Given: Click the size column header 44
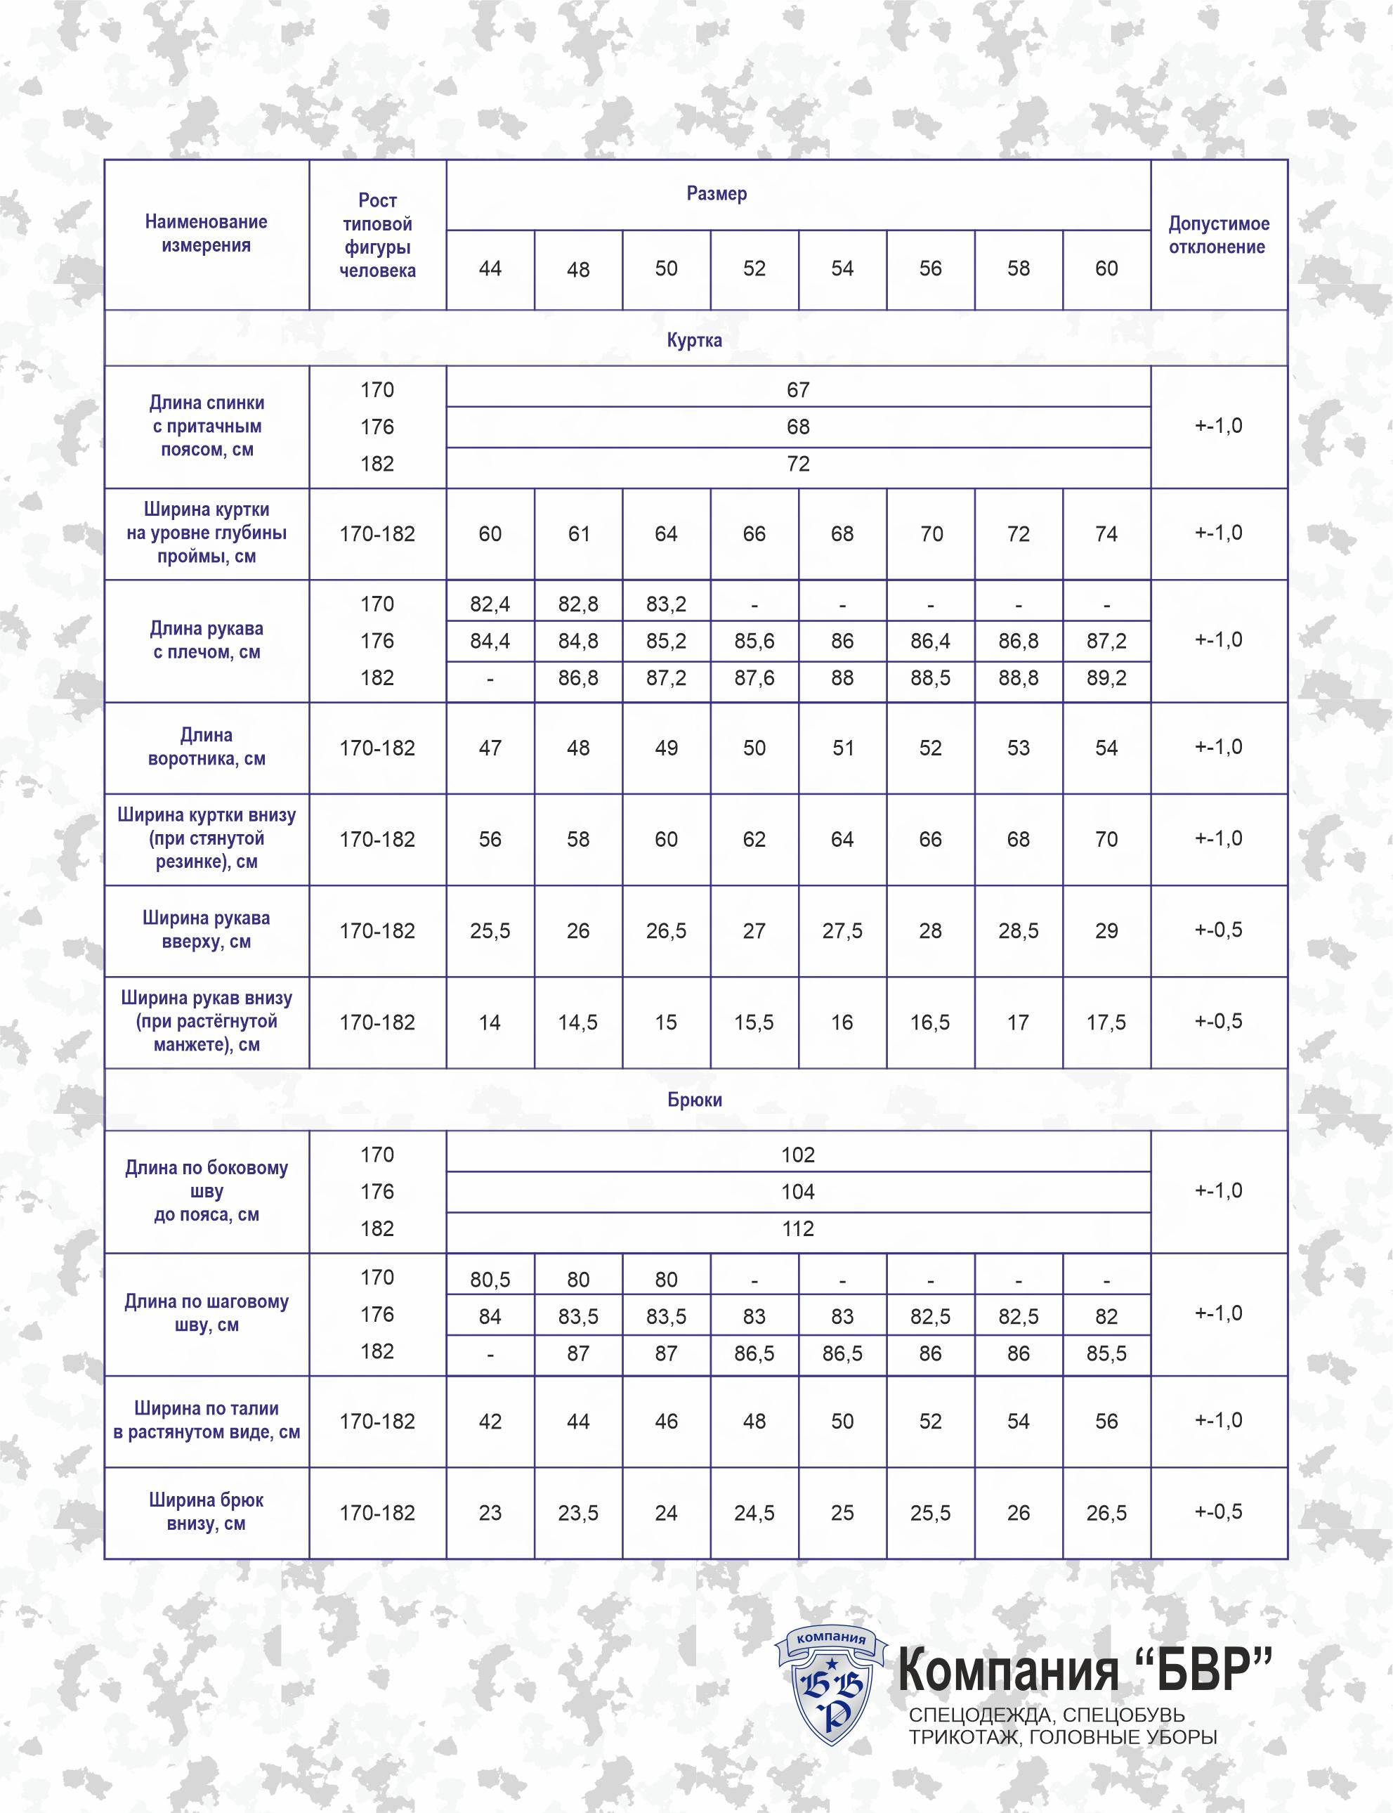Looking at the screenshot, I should [490, 268].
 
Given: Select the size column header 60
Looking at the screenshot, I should [1106, 268].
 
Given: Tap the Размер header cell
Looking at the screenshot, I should [717, 194].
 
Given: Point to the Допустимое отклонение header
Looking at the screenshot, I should [1218, 235].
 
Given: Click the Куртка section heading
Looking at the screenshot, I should [695, 340].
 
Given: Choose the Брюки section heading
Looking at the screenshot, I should [695, 1100].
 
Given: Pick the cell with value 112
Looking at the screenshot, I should [798, 1228].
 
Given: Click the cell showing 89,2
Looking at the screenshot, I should [1106, 678].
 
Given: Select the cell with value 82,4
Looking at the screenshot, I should [490, 604].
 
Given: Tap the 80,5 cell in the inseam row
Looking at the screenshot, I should [490, 1280].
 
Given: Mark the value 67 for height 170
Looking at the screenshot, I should [798, 390].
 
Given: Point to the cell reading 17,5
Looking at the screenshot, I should [1106, 1022].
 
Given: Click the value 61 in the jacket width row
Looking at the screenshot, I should [578, 534].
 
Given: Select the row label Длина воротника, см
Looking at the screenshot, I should [207, 747].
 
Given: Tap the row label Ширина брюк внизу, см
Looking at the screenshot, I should [207, 1512].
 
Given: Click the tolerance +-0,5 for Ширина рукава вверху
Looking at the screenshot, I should [1218, 930].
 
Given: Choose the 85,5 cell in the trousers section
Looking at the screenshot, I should [1106, 1353].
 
